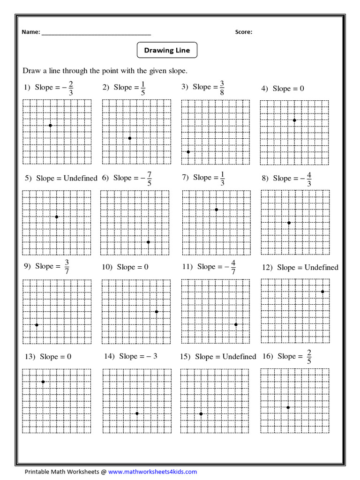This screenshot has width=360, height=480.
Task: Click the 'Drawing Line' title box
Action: [x=167, y=50]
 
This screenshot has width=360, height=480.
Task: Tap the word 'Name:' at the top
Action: [x=31, y=32]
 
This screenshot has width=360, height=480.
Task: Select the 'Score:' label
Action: [x=243, y=32]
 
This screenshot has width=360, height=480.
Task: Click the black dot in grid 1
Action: [x=50, y=125]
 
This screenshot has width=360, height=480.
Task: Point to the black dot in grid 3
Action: [x=188, y=151]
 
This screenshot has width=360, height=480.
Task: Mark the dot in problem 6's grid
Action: [x=148, y=242]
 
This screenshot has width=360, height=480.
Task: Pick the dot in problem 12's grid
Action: [x=322, y=292]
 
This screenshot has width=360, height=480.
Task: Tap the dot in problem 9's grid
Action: [x=37, y=325]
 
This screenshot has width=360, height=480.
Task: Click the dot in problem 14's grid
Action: [x=137, y=413]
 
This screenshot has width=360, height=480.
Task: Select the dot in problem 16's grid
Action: [x=288, y=407]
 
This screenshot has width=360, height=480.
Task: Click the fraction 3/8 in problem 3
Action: [x=222, y=88]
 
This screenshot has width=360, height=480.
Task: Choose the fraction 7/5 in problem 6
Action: [x=150, y=179]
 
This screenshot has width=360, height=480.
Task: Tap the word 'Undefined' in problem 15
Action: [x=239, y=357]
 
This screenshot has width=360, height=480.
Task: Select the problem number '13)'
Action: [x=30, y=357]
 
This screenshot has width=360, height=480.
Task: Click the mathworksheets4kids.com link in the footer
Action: [x=152, y=472]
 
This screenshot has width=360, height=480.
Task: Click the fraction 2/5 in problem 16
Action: [x=309, y=357]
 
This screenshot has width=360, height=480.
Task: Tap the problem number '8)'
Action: [x=265, y=178]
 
